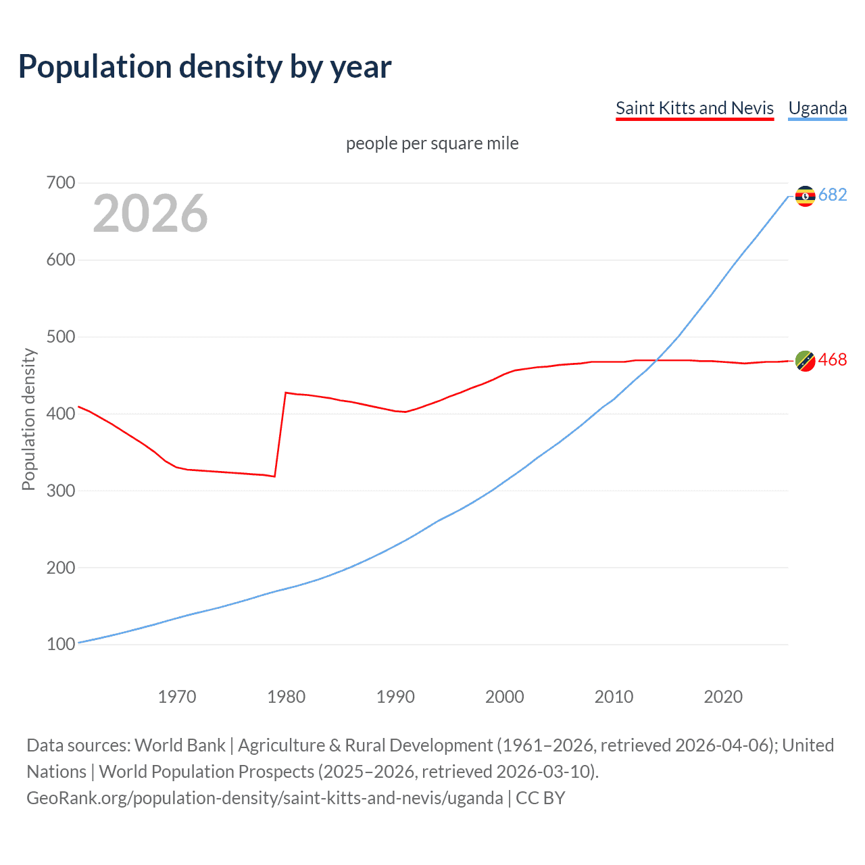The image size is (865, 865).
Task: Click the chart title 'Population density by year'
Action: point(205,67)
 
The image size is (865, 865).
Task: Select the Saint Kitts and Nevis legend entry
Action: point(694,108)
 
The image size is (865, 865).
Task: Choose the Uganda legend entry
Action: point(817,108)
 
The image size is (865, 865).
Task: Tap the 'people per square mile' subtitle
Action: point(432,143)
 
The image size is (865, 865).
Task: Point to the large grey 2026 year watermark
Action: point(150,214)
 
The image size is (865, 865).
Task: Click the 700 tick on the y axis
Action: point(61,182)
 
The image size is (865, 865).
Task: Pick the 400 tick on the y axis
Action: point(61,414)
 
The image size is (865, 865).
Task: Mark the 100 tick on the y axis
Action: point(61,644)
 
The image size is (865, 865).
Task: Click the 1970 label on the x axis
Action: point(177,697)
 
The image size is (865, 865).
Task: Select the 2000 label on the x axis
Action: point(504,697)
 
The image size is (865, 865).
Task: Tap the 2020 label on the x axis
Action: point(723,697)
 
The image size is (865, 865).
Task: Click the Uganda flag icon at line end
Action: point(805,196)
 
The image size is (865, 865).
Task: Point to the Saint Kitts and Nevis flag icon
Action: point(805,362)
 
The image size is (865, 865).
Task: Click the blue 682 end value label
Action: point(833,195)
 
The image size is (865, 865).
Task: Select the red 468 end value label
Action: point(833,360)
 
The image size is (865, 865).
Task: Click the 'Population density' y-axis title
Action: point(28,419)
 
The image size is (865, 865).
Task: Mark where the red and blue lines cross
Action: point(656,360)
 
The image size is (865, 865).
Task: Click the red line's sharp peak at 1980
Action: point(286,393)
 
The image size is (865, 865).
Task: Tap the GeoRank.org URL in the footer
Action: point(265,798)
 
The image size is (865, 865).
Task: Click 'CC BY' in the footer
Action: point(541,798)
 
